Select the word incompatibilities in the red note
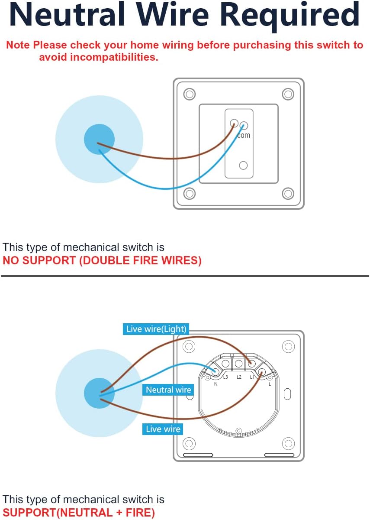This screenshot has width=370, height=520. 98,57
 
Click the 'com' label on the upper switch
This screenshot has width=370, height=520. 244,135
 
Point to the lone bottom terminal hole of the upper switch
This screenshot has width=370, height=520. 243,165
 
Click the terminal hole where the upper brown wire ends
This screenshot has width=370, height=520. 234,123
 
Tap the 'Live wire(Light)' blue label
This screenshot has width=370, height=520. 156,329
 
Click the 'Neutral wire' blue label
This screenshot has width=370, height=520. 168,390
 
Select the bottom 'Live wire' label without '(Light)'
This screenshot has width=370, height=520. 163,429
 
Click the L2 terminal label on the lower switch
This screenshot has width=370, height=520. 239,377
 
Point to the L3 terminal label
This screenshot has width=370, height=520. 225,377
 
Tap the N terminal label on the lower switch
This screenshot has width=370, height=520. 216,383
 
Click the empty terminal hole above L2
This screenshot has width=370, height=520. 238,363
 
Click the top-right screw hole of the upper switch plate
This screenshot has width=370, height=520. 288,94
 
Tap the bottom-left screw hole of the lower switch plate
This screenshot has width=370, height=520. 189,443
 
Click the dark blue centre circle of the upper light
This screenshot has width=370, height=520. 99,140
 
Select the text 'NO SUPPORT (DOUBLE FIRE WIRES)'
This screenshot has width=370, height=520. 102,261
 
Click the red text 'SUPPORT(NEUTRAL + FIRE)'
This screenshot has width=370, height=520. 79,513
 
